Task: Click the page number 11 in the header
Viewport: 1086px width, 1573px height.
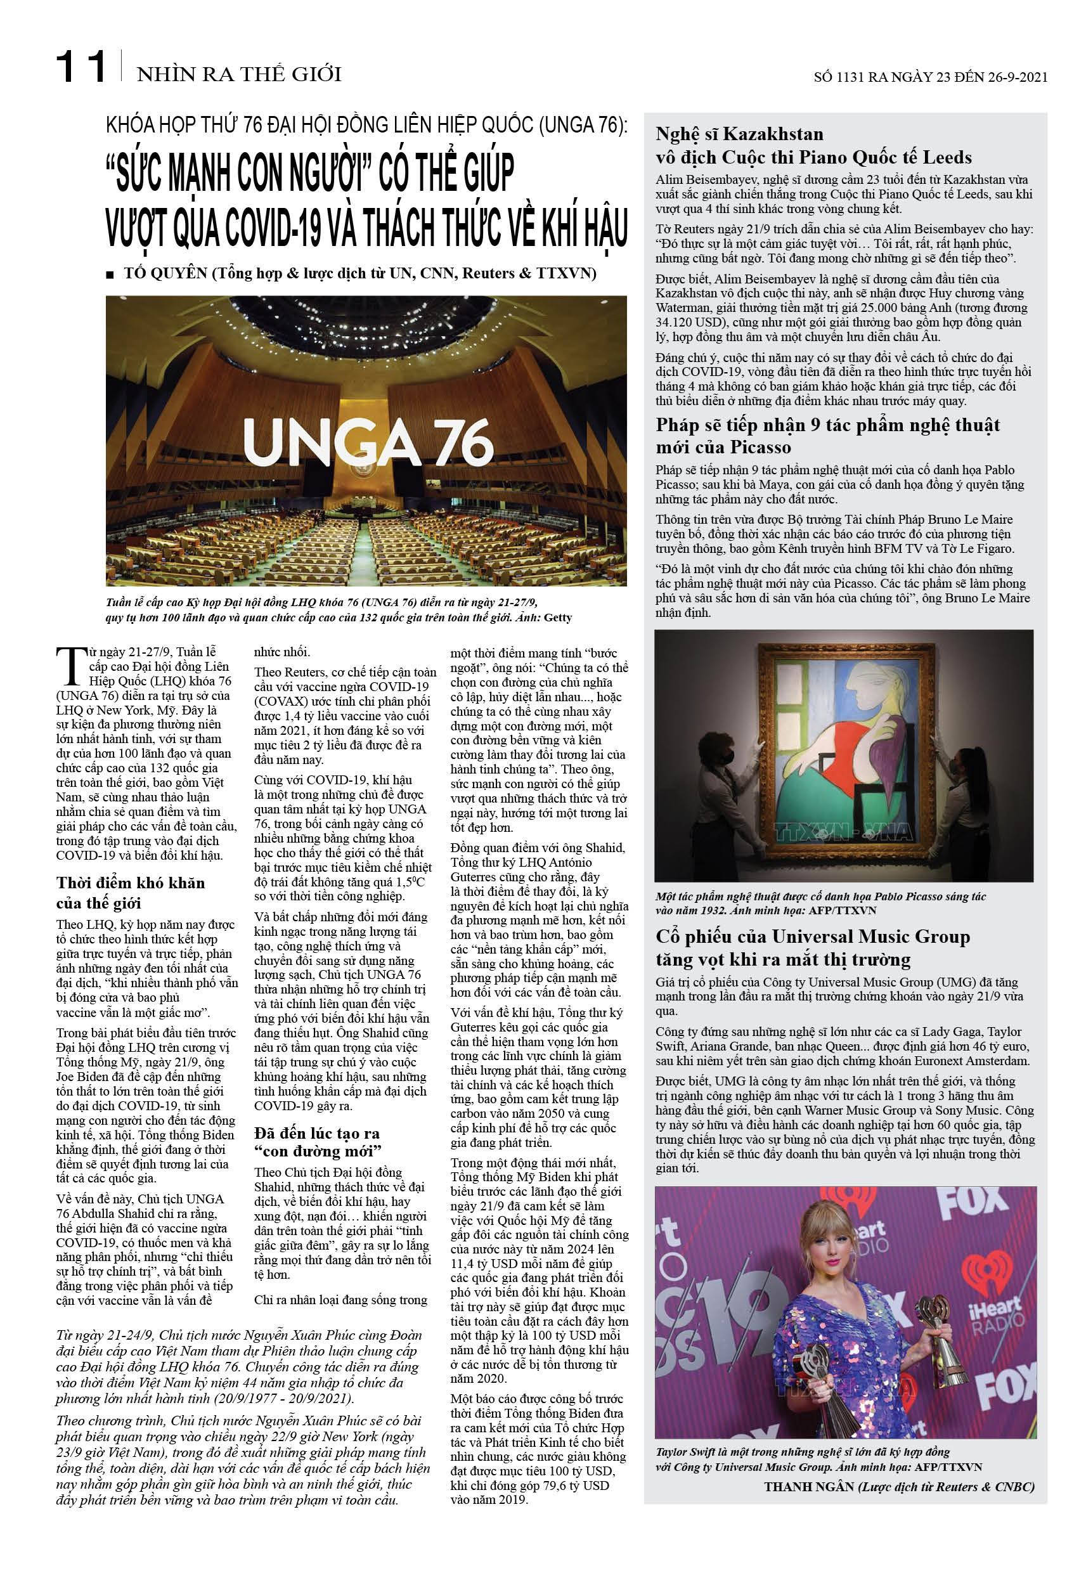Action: click(x=81, y=67)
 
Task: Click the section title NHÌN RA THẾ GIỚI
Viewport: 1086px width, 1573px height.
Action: click(x=239, y=74)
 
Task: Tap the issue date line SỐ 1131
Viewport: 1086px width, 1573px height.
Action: click(x=930, y=77)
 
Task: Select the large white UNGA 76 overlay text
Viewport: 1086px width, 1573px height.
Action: click(x=368, y=443)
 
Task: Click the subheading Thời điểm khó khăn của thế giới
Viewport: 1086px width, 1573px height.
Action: click(x=131, y=893)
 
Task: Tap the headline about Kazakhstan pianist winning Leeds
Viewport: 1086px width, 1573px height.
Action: click(x=813, y=146)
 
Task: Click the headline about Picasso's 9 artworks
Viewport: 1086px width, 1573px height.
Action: click(x=827, y=436)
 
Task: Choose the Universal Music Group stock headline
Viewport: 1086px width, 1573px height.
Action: click(x=813, y=948)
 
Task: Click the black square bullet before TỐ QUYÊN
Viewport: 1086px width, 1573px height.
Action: click(x=110, y=275)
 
